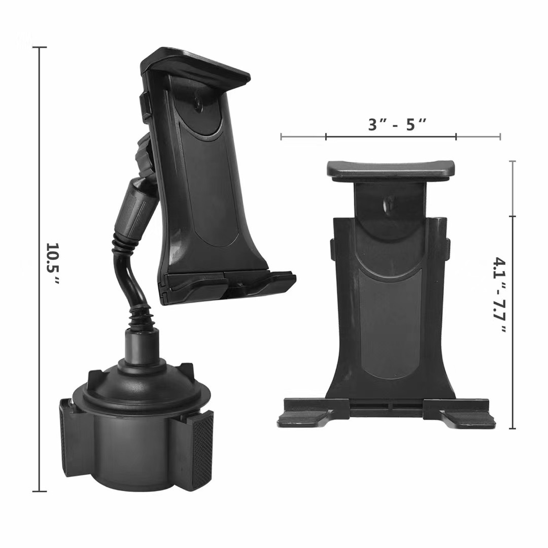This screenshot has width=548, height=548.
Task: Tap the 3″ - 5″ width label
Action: click(x=397, y=124)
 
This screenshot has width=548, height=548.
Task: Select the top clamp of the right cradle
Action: click(x=391, y=170)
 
